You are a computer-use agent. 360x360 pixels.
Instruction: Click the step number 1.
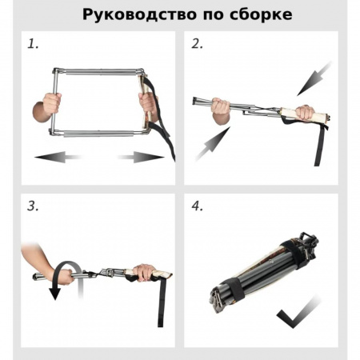tap(33, 44)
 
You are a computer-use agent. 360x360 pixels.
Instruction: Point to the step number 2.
tap(198, 44)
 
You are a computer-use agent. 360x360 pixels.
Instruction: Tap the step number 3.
tap(33, 206)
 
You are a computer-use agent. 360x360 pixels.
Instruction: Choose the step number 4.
tap(198, 206)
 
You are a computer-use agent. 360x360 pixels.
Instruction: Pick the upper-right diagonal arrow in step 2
tap(314, 78)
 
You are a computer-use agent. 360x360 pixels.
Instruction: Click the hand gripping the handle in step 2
tap(304, 113)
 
